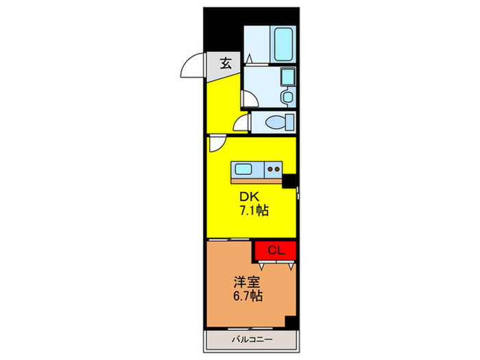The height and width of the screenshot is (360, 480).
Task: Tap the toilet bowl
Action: point(280,122)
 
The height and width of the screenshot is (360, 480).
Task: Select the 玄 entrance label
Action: point(226,63)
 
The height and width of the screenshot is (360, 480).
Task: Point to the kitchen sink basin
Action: point(243,168)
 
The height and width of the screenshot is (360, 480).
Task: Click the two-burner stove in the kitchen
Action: point(273,168)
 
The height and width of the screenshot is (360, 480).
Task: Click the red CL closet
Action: point(274,250)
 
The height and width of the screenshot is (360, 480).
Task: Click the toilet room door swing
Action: point(241,124)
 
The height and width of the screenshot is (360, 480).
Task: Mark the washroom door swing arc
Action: point(249,99)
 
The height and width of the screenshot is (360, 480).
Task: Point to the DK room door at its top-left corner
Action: point(217,144)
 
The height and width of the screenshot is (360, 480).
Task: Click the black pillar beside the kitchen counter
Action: point(289,181)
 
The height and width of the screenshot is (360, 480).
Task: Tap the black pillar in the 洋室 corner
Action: point(291,323)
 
